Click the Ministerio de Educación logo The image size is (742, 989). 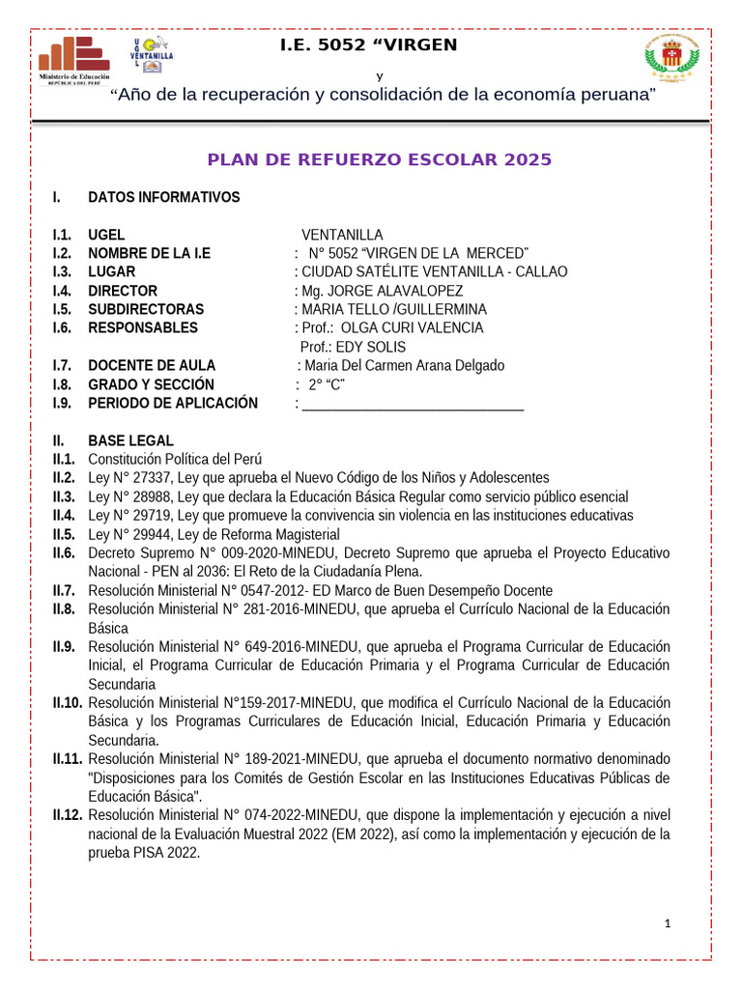point(73,61)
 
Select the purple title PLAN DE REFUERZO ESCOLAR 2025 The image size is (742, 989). point(381,160)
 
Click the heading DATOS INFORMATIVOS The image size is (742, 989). point(163,198)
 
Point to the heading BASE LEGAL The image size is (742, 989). point(130,440)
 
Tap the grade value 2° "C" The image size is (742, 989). point(327,384)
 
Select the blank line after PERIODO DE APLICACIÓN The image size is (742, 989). point(413,404)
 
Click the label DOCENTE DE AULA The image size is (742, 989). point(152,365)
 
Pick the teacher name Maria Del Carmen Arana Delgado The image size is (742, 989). point(404,365)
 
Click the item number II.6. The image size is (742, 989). point(65,553)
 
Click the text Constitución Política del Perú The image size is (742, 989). point(175,459)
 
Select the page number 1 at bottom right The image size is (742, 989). point(667,923)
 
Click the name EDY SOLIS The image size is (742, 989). point(371,347)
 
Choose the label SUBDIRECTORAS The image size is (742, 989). point(146,309)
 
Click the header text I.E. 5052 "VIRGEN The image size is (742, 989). point(368,45)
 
